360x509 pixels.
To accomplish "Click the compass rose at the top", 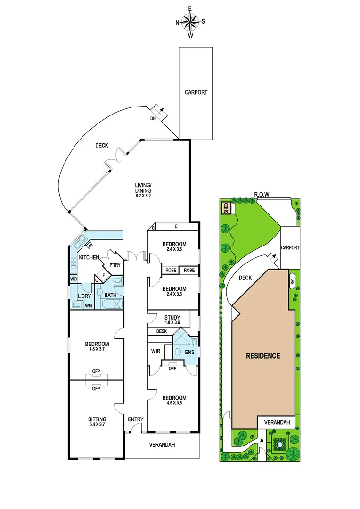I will (x=190, y=22).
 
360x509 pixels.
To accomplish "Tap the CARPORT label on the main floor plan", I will (x=196, y=93).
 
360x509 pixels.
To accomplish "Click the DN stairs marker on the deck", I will (x=154, y=119).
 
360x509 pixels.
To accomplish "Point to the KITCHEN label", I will (x=89, y=257).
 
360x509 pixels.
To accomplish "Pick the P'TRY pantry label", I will (x=115, y=265).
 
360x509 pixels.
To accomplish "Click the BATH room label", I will (x=111, y=295).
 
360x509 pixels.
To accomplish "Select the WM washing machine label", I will (x=88, y=306).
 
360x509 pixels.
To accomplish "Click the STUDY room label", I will (x=172, y=317).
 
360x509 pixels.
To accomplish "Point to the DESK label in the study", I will (x=162, y=331).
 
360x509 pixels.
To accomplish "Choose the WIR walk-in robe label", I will (x=156, y=351).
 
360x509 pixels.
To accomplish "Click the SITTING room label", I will (x=97, y=419).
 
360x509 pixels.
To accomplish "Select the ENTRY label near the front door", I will (x=136, y=419).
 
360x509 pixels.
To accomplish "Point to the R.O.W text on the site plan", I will (x=262, y=194).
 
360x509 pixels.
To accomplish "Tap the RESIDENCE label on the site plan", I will (x=263, y=356).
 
